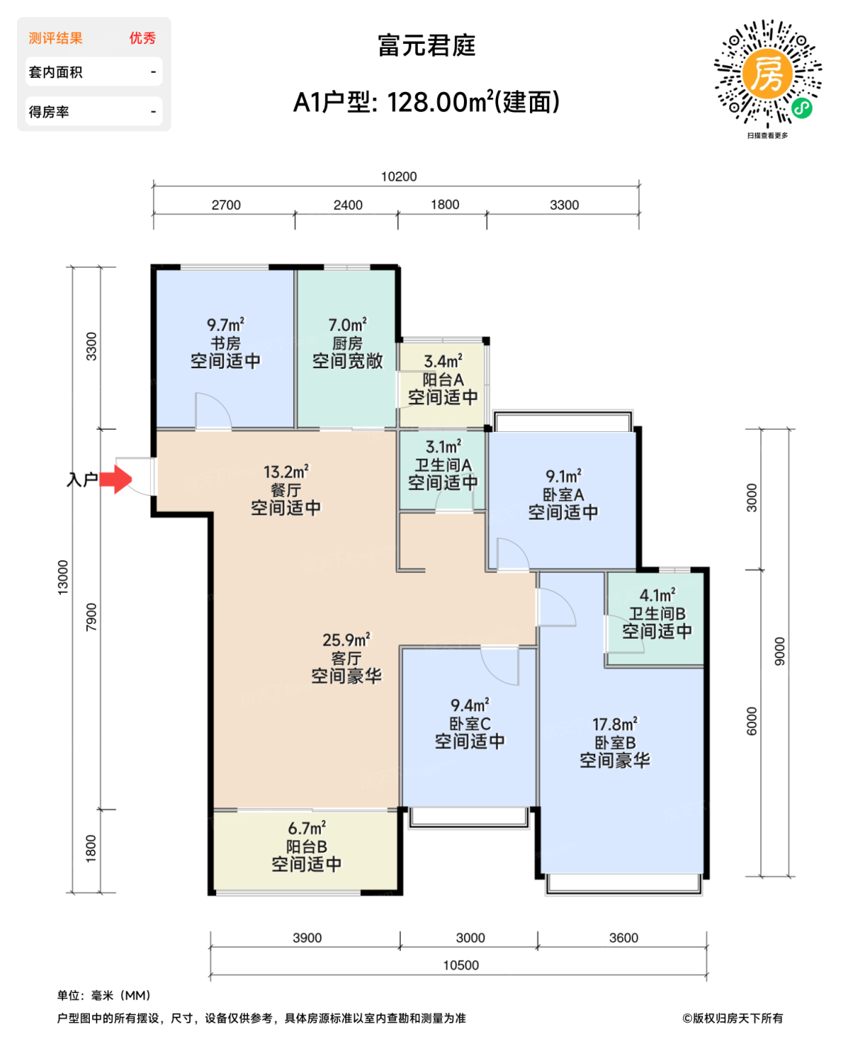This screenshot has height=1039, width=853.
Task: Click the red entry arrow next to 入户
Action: (116, 479)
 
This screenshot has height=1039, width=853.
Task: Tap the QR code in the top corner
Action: (768, 73)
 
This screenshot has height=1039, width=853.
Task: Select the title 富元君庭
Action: (426, 46)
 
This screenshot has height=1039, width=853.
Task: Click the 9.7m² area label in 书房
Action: (225, 325)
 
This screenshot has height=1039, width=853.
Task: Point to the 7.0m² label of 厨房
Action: (347, 325)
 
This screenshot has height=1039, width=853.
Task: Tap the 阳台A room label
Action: (442, 380)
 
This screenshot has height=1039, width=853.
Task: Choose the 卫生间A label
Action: (442, 465)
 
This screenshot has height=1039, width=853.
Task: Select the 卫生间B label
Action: (657, 614)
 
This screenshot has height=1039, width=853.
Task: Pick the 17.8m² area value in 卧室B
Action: (614, 724)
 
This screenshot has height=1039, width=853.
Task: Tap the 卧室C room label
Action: (469, 724)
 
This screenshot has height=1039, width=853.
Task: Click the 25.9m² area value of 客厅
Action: (346, 640)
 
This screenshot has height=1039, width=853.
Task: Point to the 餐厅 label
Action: (286, 491)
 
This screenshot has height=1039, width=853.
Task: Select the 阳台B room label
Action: (306, 847)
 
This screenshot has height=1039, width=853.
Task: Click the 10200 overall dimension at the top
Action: (399, 177)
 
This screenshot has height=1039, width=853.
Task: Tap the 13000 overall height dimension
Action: (63, 577)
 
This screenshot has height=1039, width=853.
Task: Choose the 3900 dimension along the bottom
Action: (307, 938)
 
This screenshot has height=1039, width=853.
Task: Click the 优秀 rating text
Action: (143, 39)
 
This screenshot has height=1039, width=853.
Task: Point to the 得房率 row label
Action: (49, 112)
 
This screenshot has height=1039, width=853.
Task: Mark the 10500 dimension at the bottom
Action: (460, 966)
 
